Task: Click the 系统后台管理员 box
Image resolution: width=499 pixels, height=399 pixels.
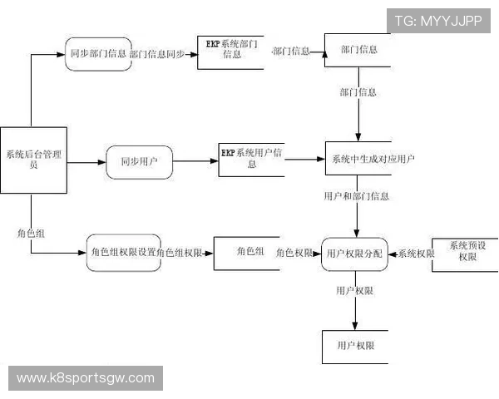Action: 32,160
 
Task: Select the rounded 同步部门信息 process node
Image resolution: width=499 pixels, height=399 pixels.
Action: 98,53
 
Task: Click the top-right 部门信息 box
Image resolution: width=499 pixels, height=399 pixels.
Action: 358,50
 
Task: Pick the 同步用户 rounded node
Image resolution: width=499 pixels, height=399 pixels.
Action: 139,160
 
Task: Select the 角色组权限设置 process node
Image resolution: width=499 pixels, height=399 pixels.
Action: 122,253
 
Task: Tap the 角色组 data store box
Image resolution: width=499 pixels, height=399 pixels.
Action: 246,252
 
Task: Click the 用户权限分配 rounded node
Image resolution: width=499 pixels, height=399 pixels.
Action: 354,253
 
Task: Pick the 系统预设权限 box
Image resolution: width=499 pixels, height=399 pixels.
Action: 467,252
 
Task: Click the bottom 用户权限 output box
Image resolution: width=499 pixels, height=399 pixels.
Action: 355,345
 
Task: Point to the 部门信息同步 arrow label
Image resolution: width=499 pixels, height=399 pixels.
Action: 157,53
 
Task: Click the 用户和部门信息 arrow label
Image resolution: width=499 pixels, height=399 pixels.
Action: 356,197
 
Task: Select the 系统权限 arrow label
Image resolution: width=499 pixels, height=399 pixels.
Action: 416,253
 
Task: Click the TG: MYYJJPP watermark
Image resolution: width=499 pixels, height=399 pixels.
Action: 437,21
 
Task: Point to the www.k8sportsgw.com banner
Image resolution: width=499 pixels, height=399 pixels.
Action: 86,378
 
